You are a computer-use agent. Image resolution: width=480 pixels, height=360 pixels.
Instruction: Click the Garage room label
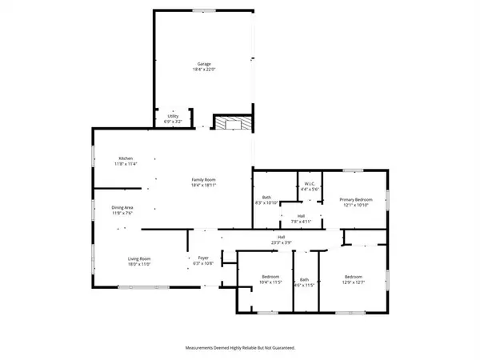coord(203,63)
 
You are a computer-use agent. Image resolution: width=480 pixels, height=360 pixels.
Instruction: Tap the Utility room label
coord(172,116)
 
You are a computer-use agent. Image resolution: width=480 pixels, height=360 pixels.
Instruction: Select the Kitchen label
coord(126,158)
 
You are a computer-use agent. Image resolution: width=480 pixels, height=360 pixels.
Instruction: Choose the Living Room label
coord(140,258)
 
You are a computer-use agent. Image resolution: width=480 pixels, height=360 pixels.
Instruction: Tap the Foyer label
coord(203,258)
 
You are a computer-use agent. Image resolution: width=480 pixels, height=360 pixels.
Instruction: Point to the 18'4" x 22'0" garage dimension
coord(203,70)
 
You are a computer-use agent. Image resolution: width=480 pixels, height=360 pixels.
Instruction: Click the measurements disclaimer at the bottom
coord(239,348)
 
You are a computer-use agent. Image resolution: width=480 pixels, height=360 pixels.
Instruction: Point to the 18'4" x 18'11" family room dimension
coord(203,185)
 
